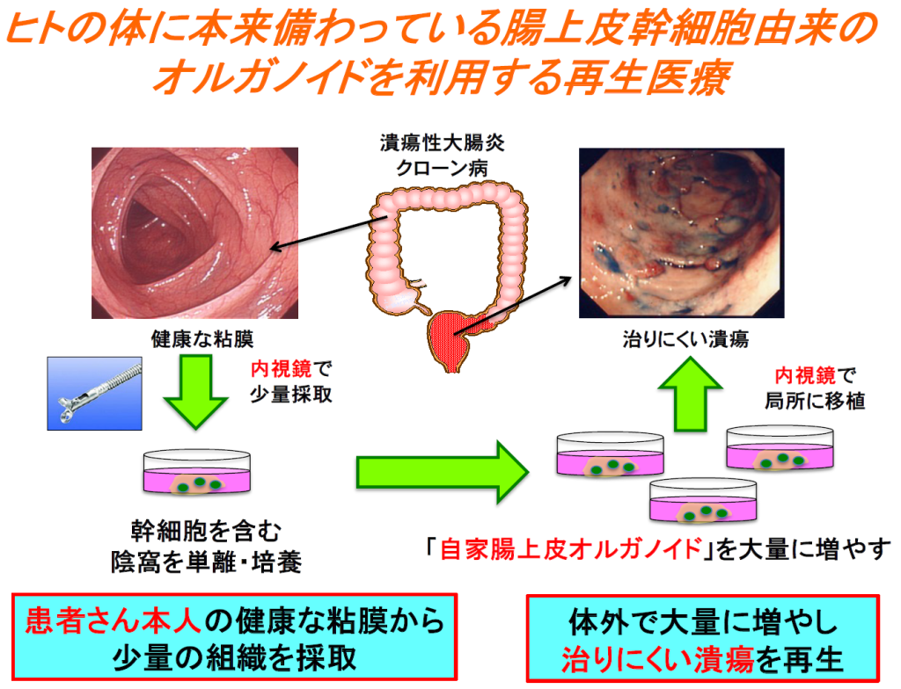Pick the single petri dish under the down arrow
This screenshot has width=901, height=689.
click(x=195, y=475)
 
